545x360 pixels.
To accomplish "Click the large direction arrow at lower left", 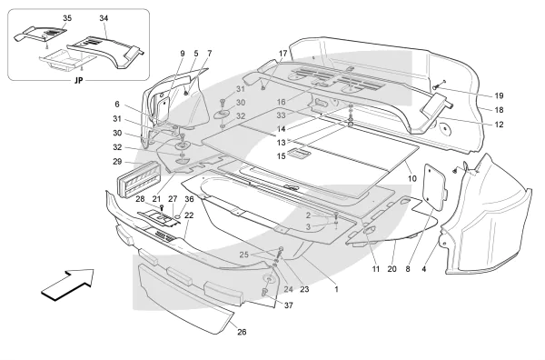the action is [68, 285].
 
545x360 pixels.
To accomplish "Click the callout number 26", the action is [242, 332].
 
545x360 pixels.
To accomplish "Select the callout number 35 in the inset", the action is [67, 18].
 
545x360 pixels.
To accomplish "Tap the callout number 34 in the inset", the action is [104, 18].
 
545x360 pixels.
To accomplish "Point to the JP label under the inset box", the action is [79, 80].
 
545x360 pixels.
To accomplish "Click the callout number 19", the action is [499, 95].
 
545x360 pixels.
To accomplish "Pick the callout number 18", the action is [499, 110].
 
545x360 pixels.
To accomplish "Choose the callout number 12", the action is [499, 125].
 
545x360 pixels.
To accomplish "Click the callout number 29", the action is [117, 162].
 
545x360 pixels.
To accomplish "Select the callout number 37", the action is [289, 305].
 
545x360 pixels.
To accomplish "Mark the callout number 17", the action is [282, 54].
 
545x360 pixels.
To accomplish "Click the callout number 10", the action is [411, 179].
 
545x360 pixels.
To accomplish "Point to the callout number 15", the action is [282, 156].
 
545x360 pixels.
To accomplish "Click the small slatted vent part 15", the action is [300, 153].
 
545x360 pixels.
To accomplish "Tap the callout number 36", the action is [189, 199].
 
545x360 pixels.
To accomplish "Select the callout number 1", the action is [336, 289].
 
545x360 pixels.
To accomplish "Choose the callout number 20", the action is [391, 269].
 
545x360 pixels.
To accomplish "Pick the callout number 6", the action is [117, 104].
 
